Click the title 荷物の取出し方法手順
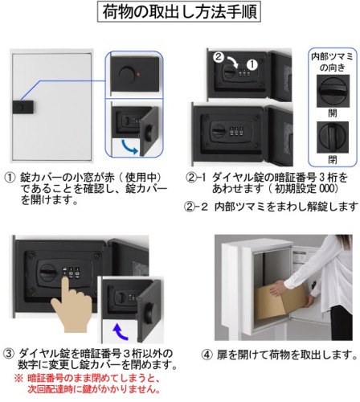[179, 12]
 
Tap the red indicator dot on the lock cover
[138, 75]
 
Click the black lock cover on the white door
[23, 107]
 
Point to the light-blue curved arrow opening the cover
[129, 147]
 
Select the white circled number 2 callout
[219, 56]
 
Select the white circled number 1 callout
[252, 64]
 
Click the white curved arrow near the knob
[233, 62]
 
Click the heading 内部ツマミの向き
[332, 62]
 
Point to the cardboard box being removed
[281, 301]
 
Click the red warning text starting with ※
[88, 384]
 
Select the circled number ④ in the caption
[207, 355]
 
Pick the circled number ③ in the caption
[9, 354]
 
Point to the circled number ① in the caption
[10, 178]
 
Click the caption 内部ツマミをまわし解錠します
[286, 207]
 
